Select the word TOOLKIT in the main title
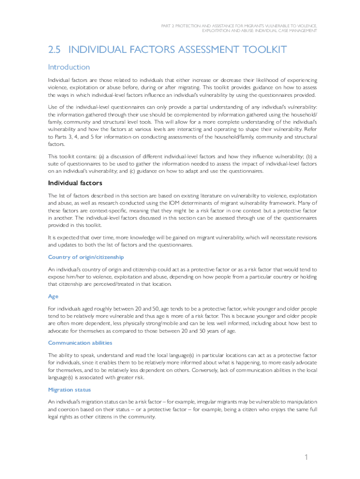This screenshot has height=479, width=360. coord(260,50)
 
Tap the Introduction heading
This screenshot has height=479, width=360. coord(69,67)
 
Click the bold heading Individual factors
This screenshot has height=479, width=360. coord(75,183)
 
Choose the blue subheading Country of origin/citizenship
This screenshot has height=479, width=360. coord(86,257)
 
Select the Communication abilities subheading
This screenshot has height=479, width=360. coord(80,343)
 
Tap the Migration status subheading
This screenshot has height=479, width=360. coord(69,390)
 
